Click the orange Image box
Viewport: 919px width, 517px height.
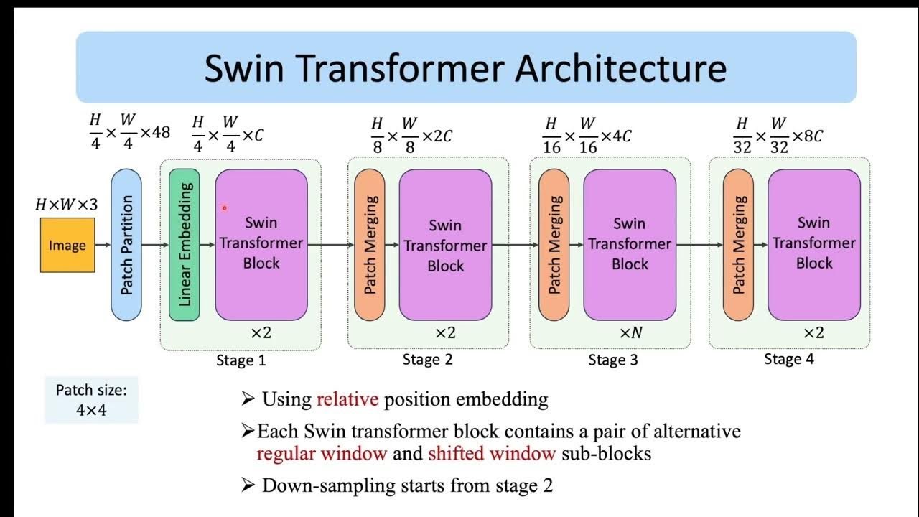[x=67, y=245]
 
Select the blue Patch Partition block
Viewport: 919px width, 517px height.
[x=126, y=244]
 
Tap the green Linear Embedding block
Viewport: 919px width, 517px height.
[x=185, y=244]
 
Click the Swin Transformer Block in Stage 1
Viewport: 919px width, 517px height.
[x=261, y=244]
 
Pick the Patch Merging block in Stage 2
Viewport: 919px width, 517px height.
[x=370, y=244]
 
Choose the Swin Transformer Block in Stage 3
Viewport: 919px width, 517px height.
[x=630, y=244]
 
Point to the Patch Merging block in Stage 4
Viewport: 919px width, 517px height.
[x=739, y=244]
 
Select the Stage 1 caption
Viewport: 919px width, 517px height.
[x=241, y=360]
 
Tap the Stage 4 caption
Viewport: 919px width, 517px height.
[x=788, y=359]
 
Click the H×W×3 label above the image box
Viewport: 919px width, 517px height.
[x=67, y=205]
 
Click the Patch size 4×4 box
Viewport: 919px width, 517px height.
[x=91, y=401]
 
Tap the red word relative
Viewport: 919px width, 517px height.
[x=347, y=399]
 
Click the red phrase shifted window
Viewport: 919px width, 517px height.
[x=492, y=453]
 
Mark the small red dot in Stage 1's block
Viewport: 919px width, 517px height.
[x=224, y=208]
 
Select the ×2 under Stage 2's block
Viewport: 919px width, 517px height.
[x=445, y=333]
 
